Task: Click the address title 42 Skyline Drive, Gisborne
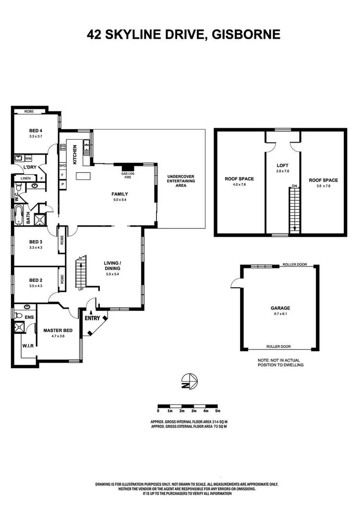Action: pyautogui.click(x=183, y=35)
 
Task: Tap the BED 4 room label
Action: pyautogui.click(x=36, y=131)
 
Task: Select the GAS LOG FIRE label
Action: pyautogui.click(x=127, y=175)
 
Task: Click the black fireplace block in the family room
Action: pyautogui.click(x=127, y=168)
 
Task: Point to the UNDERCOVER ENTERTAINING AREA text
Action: pyautogui.click(x=180, y=181)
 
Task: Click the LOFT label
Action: pyautogui.click(x=283, y=165)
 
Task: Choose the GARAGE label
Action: pyautogui.click(x=280, y=308)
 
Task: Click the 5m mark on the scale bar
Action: pyautogui.click(x=217, y=411)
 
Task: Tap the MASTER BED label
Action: pyautogui.click(x=58, y=330)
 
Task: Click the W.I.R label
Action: pyautogui.click(x=27, y=346)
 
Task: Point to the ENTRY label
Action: pyautogui.click(x=92, y=318)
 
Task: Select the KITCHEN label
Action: pyautogui.click(x=75, y=155)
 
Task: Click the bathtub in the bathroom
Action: pyautogui.click(x=18, y=216)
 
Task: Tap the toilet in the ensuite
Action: pyautogui.click(x=18, y=316)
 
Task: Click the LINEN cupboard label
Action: pyautogui.click(x=25, y=178)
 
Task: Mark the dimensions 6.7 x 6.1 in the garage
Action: pyautogui.click(x=280, y=314)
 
